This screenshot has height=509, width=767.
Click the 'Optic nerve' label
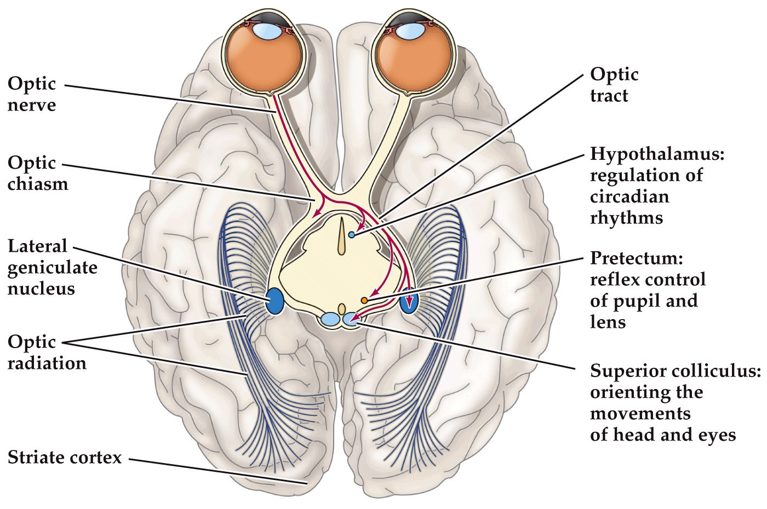click(32, 94)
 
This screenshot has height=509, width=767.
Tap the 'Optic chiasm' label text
click(38, 173)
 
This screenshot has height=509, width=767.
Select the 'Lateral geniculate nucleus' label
click(52, 267)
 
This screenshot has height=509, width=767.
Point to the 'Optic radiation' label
click(47, 352)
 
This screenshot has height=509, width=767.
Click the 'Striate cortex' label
click(65, 457)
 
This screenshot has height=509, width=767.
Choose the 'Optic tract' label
click(614, 85)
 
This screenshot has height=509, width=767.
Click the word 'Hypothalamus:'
click(657, 154)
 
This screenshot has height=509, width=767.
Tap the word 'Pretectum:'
click(636, 258)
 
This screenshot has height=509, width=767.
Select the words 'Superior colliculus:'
click(675, 371)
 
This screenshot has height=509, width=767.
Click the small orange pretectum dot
click(364, 300)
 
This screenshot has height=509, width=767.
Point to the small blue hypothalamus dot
click(351, 235)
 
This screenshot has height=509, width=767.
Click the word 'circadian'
click(629, 196)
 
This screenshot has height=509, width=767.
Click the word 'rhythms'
click(626, 218)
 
